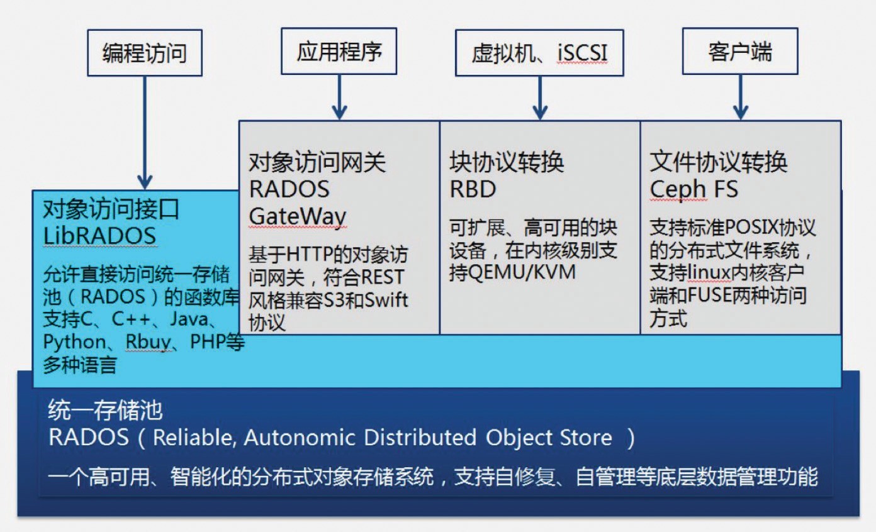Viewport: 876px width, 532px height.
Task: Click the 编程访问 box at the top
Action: [x=145, y=53]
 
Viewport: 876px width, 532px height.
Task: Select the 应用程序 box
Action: [x=339, y=51]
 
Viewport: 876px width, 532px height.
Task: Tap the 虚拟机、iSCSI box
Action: [x=539, y=53]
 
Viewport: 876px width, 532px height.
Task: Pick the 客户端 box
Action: [x=740, y=51]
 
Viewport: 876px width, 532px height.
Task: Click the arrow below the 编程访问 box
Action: [x=145, y=132]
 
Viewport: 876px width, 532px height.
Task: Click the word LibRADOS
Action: [x=99, y=235]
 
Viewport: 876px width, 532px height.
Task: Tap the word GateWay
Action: [x=298, y=216]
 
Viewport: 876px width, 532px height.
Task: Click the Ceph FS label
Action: [x=693, y=189]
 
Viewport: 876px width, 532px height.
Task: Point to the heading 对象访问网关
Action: [x=317, y=163]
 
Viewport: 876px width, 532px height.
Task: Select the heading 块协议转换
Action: [x=507, y=163]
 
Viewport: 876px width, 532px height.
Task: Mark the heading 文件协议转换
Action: [x=718, y=163]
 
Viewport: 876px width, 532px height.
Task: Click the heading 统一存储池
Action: [x=106, y=411]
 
